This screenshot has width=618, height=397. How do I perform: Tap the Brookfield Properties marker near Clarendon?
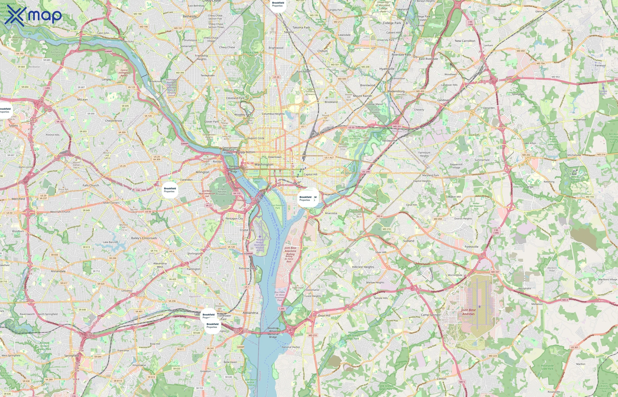tap(170, 190)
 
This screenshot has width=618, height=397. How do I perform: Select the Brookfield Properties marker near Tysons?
tap(5, 110)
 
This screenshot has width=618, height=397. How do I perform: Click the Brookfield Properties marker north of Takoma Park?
tap(278, 4)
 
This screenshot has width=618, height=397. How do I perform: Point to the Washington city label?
tap(264, 165)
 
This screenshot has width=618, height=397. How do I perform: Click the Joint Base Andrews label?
tap(468, 312)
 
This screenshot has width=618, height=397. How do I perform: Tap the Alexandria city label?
tap(250, 313)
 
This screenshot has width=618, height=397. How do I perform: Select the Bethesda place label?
tap(190, 17)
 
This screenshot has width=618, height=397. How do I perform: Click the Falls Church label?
tap(91, 185)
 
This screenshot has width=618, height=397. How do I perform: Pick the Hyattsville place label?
tap(387, 69)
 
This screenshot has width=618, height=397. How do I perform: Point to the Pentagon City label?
tap(234, 218)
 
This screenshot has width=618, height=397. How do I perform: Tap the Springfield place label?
tap(72, 356)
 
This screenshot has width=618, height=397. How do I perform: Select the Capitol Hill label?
tap(310, 174)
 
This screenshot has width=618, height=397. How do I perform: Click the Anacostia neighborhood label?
tap(331, 213)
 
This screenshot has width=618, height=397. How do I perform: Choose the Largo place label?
tap(529, 187)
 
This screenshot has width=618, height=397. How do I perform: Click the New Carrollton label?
tap(465, 41)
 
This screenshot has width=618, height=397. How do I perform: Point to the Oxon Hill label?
tap(324, 316)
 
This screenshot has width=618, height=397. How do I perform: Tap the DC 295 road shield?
tap(366, 172)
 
